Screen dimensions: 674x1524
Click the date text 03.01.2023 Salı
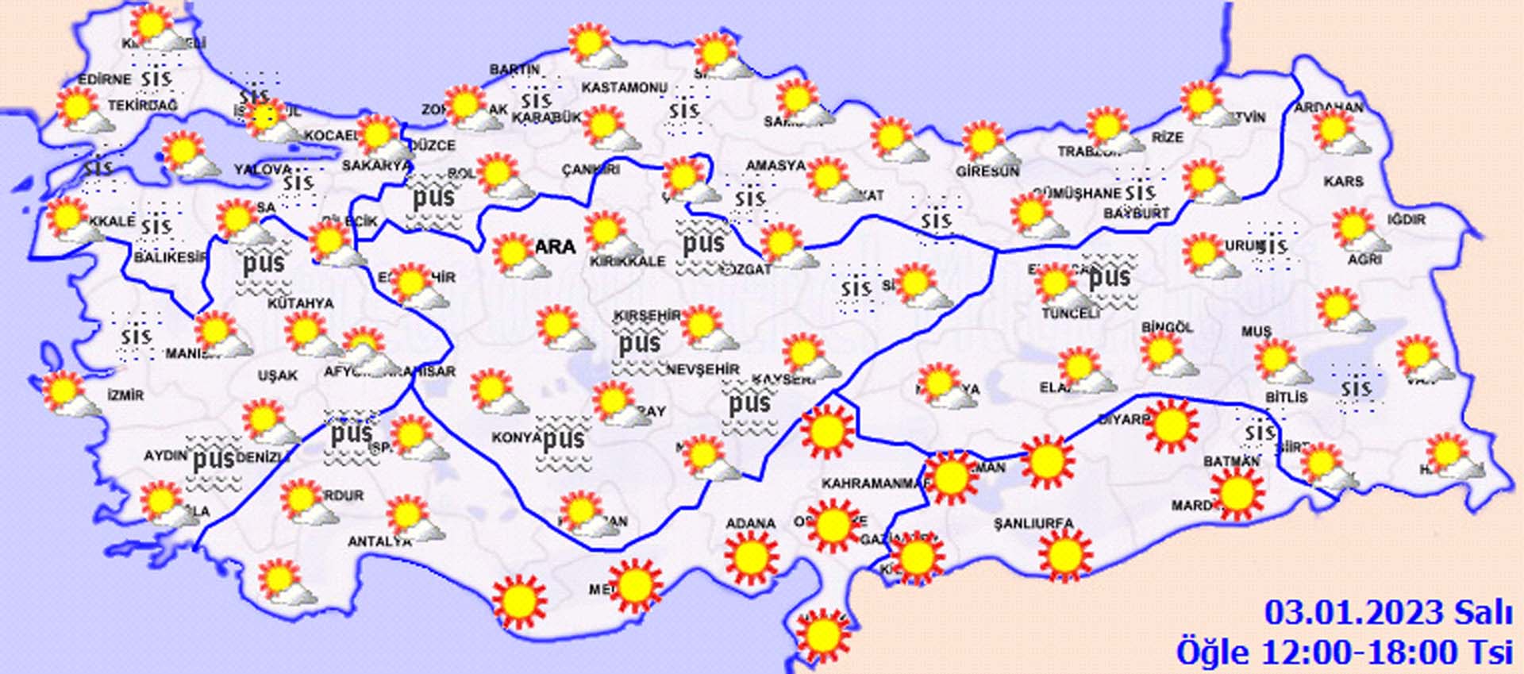[1387, 613]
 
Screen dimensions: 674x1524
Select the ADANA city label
[750, 523]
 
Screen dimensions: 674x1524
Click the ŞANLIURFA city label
[1033, 523]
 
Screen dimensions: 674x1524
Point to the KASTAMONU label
[625, 87]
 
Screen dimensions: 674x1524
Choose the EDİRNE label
[104, 79]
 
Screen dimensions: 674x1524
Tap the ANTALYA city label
[379, 541]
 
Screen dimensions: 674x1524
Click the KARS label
[1343, 182]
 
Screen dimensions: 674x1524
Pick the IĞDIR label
[1406, 219]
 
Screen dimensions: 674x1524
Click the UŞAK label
[277, 375]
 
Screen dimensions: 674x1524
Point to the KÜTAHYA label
[300, 303]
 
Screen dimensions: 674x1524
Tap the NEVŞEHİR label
[702, 369]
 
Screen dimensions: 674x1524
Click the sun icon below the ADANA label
[751, 557]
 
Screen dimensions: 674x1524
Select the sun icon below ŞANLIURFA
[1064, 556]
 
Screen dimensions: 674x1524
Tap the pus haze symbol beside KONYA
[564, 440]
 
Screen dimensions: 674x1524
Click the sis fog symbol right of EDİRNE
[156, 79]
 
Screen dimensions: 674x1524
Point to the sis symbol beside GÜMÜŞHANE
[1140, 191]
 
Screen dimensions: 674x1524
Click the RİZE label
[1168, 137]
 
